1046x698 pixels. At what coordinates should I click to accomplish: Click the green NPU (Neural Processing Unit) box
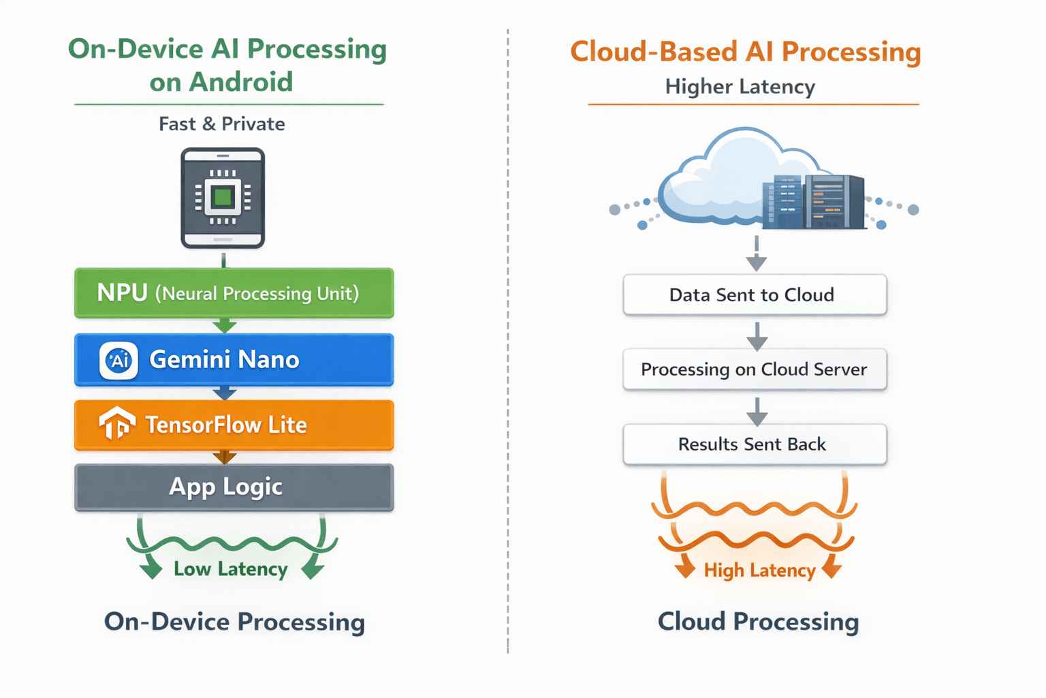click(234, 293)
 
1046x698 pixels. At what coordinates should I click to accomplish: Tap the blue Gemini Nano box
click(234, 359)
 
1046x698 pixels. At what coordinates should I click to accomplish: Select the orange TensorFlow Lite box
click(234, 425)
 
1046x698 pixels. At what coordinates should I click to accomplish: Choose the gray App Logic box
click(234, 487)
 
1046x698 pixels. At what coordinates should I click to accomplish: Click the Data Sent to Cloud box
click(755, 294)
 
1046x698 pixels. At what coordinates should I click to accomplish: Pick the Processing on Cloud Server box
click(755, 369)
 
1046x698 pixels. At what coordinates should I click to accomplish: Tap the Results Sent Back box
click(755, 444)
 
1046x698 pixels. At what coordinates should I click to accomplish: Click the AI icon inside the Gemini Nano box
click(119, 360)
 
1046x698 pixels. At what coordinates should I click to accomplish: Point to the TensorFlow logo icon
click(116, 423)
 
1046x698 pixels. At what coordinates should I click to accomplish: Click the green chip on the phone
click(223, 198)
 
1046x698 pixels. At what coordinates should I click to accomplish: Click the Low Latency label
click(230, 569)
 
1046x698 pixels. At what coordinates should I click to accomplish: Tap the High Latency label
click(759, 571)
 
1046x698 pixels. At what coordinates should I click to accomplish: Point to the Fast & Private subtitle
click(222, 124)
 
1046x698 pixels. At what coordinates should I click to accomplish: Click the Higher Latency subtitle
click(740, 87)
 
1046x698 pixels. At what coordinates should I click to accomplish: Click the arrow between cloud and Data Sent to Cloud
click(756, 254)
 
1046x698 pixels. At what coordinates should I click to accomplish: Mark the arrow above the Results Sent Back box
click(757, 411)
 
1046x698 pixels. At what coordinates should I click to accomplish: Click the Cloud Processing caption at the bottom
click(758, 622)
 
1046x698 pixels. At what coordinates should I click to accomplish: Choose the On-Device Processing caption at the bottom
click(234, 622)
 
